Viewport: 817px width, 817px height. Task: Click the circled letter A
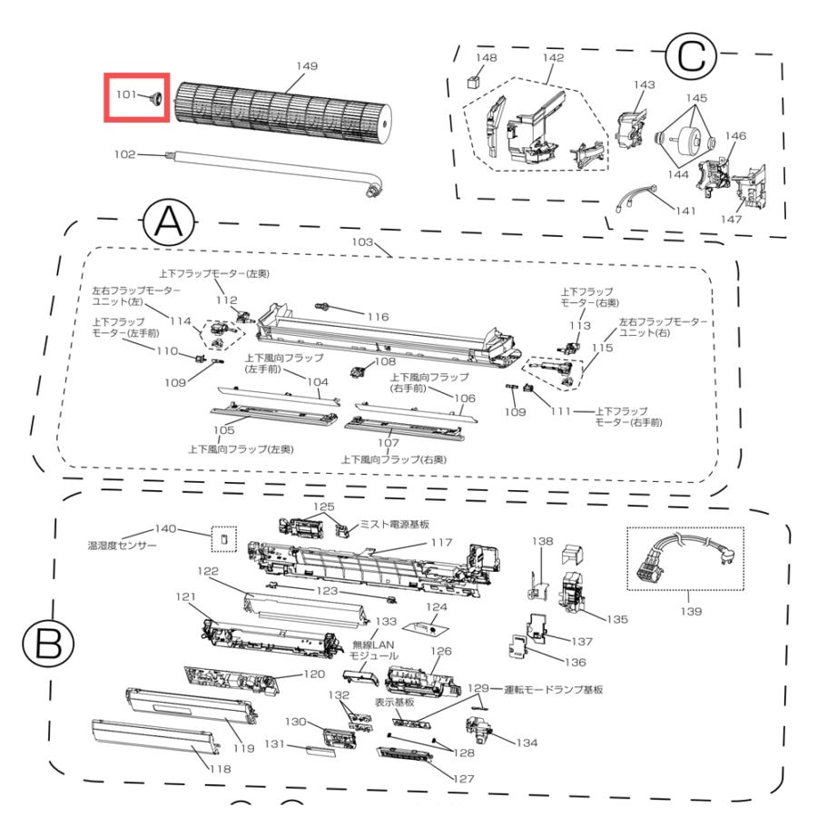(x=169, y=223)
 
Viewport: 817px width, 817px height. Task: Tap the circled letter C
(x=691, y=54)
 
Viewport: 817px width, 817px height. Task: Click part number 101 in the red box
(x=125, y=94)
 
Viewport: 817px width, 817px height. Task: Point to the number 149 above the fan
(x=307, y=66)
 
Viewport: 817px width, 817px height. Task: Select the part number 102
(x=124, y=154)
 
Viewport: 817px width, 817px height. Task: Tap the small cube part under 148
(x=474, y=82)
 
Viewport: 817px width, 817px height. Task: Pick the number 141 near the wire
(x=685, y=211)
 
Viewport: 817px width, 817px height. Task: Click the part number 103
(x=362, y=241)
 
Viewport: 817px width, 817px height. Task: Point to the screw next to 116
(x=321, y=306)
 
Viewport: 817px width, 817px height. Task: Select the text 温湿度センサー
(x=122, y=546)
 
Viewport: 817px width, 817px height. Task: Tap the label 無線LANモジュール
(x=374, y=650)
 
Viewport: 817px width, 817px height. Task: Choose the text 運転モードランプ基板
(x=554, y=689)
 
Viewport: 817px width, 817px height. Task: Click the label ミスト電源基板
(x=395, y=524)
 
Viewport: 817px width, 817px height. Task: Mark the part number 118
(x=221, y=769)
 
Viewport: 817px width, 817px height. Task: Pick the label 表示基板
(x=394, y=702)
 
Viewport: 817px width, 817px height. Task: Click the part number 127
(x=463, y=779)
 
